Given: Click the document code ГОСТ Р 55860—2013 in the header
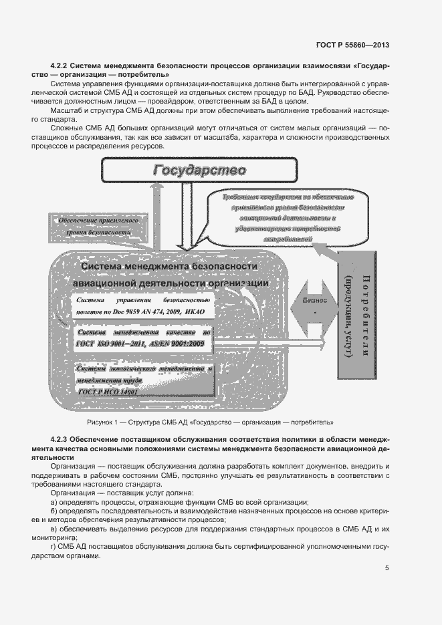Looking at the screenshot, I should click(352, 45).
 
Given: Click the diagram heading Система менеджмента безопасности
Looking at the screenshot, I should click(169, 267).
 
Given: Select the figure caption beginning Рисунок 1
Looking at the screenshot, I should click(210, 422).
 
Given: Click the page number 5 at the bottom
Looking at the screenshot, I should click(387, 568).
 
